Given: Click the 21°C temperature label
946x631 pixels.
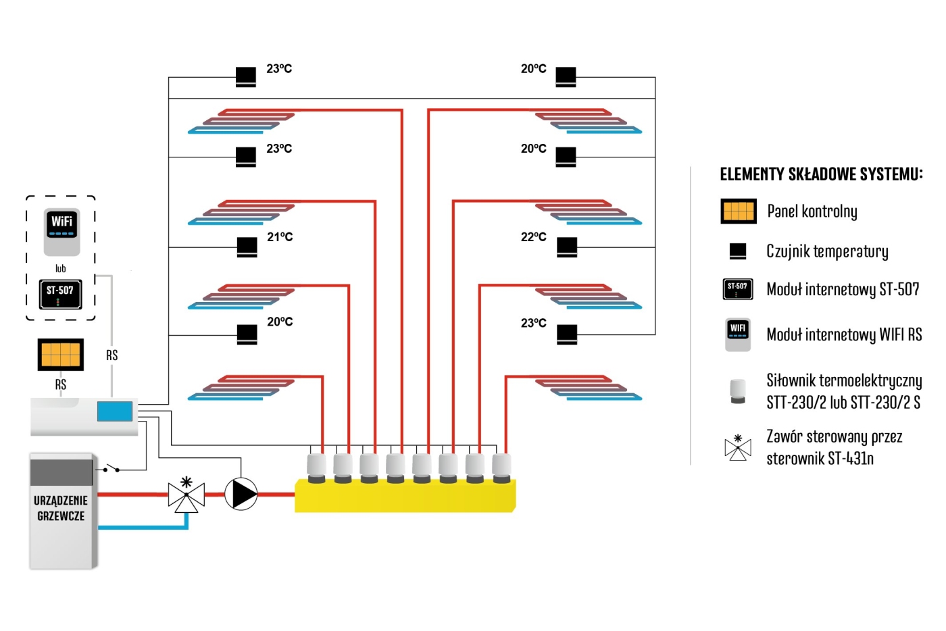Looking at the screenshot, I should tap(280, 237).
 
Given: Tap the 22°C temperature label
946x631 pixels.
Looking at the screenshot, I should tap(533, 237).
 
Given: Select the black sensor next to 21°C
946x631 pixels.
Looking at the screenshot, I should tap(247, 247).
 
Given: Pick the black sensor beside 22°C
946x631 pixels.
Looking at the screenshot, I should tap(567, 247).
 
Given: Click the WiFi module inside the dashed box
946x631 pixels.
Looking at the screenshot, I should tap(61, 232).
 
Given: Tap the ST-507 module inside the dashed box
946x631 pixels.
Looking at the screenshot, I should tap(60, 294).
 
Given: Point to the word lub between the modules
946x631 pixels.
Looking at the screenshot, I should tap(61, 268).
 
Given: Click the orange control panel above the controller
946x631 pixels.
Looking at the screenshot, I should tap(61, 355).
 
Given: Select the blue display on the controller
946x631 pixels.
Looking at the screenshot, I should tap(114, 411).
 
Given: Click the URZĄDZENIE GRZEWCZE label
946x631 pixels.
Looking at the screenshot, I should tap(61, 508).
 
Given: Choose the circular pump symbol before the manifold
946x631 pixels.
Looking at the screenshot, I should tap(241, 494).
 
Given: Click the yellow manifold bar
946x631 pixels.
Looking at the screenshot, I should tap(405, 496).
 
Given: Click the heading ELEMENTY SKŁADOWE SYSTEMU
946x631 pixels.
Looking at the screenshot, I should tap(821, 175).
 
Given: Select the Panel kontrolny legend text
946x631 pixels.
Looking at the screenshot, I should tap(812, 211).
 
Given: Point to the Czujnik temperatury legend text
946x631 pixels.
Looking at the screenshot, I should tap(827, 251).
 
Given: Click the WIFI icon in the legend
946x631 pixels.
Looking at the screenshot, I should tap(738, 334).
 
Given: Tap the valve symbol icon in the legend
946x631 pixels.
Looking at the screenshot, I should tap(738, 447).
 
